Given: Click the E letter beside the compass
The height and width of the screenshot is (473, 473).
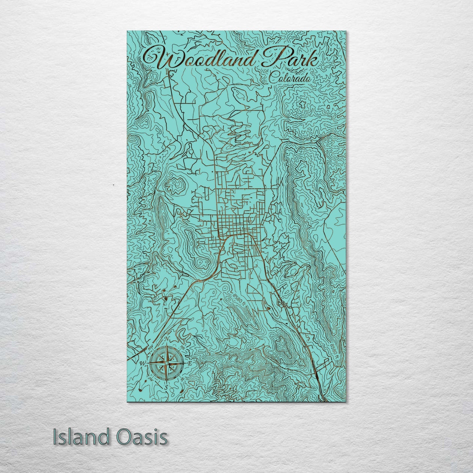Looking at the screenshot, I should (189, 364).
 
